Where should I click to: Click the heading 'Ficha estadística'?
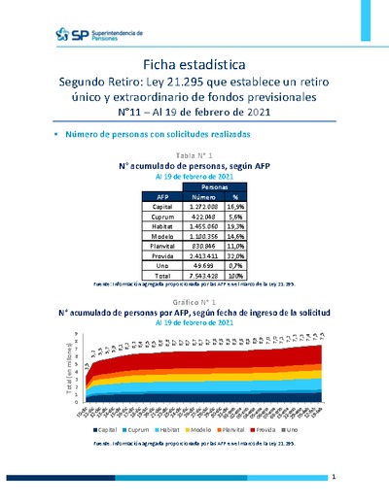[x=194, y=63]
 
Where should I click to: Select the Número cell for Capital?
[x=203, y=207]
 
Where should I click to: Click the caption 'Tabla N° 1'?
[x=194, y=154]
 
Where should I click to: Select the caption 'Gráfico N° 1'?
[x=194, y=303]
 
